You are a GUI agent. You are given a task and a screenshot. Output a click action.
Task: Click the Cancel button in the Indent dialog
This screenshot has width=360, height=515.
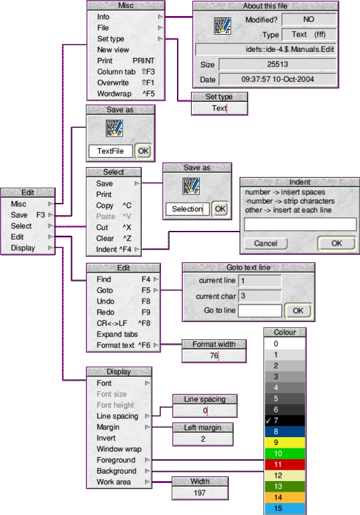click(x=266, y=244)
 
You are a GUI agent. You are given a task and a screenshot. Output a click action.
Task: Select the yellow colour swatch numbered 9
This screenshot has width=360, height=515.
click(x=285, y=442)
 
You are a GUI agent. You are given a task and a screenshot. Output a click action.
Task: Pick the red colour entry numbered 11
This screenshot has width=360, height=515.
click(x=285, y=464)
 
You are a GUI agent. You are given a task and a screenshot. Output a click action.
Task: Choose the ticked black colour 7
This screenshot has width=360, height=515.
click(x=285, y=421)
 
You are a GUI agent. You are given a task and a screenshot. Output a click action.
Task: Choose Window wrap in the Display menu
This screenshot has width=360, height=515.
click(x=119, y=449)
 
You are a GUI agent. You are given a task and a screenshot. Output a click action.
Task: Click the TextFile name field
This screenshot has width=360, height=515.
click(x=110, y=151)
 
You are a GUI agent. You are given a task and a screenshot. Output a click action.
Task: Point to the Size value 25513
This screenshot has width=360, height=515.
click(x=277, y=65)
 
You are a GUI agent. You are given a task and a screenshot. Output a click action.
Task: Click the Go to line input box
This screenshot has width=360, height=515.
click(x=260, y=311)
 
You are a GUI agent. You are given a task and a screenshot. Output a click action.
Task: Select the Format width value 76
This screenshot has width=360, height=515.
click(x=214, y=356)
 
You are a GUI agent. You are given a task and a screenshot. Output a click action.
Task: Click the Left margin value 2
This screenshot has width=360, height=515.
click(x=203, y=439)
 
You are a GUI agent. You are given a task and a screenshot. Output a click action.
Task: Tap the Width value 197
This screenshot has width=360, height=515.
click(x=200, y=493)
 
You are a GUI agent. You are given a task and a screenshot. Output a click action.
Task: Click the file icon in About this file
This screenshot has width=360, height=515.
click(x=222, y=26)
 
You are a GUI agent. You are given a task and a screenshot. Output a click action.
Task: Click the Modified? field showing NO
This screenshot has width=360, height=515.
click(x=309, y=19)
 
